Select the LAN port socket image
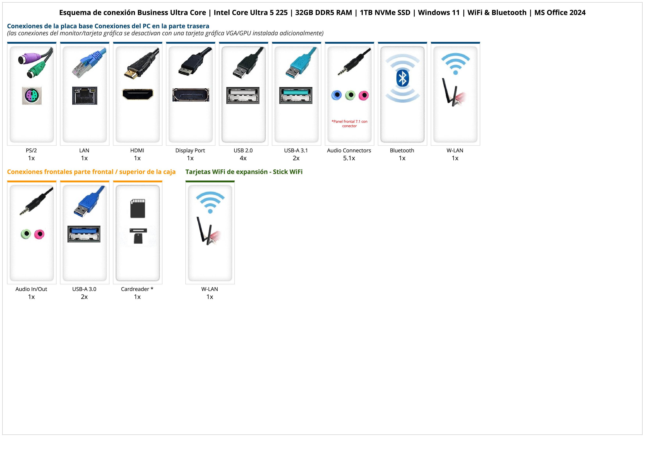coord(85,95)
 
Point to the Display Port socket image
coord(191,95)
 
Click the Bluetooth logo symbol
coord(402,79)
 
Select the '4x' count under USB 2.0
coord(243,158)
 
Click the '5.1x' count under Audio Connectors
coord(349,158)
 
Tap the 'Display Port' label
coord(190,150)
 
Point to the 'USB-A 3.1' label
coord(296,150)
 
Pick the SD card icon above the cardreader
coord(138,208)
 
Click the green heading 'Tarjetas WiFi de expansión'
coord(244,172)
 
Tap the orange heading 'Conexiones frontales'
coord(91,172)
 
